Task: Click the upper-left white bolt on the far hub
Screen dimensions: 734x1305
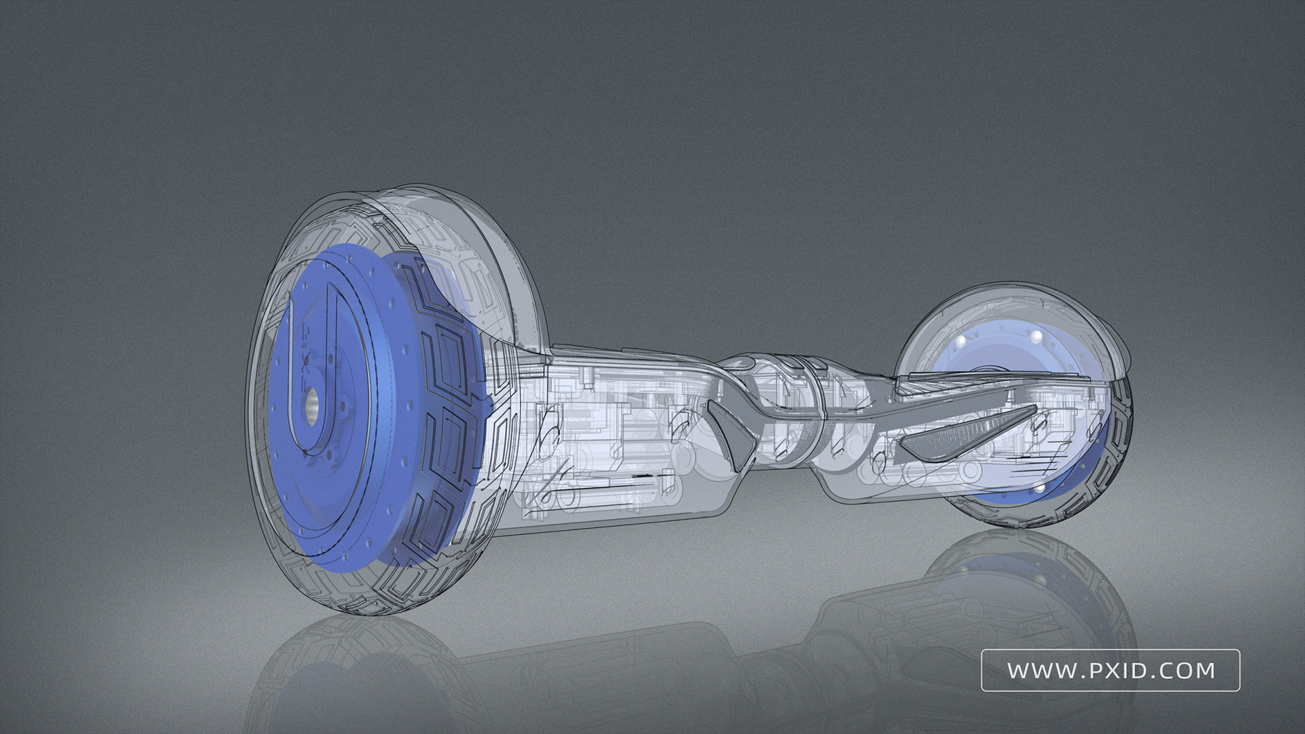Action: (962, 340)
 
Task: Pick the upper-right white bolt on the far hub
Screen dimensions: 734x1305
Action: (1036, 337)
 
